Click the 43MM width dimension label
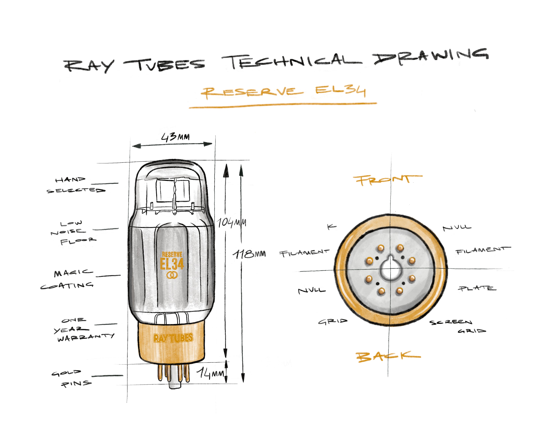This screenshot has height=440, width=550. click(x=176, y=137)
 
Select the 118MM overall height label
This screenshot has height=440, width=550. click(x=249, y=254)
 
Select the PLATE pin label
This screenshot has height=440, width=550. click(x=477, y=288)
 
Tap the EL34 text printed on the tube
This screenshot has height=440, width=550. click(x=172, y=264)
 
